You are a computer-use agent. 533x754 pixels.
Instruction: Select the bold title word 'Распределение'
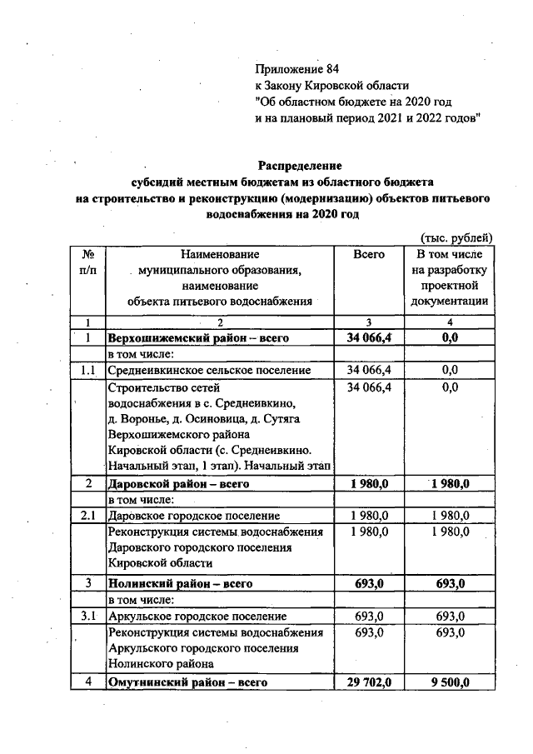pyautogui.click(x=300, y=165)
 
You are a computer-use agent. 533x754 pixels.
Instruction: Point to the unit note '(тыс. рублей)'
pyautogui.click(x=457, y=237)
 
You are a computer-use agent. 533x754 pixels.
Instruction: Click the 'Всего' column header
pyautogui.click(x=369, y=254)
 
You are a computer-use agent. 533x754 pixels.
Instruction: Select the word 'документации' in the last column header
pyautogui.click(x=450, y=302)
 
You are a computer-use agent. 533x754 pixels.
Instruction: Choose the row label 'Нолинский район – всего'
pyautogui.click(x=180, y=583)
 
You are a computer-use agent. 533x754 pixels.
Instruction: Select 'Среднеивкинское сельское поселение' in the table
pyautogui.click(x=209, y=370)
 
